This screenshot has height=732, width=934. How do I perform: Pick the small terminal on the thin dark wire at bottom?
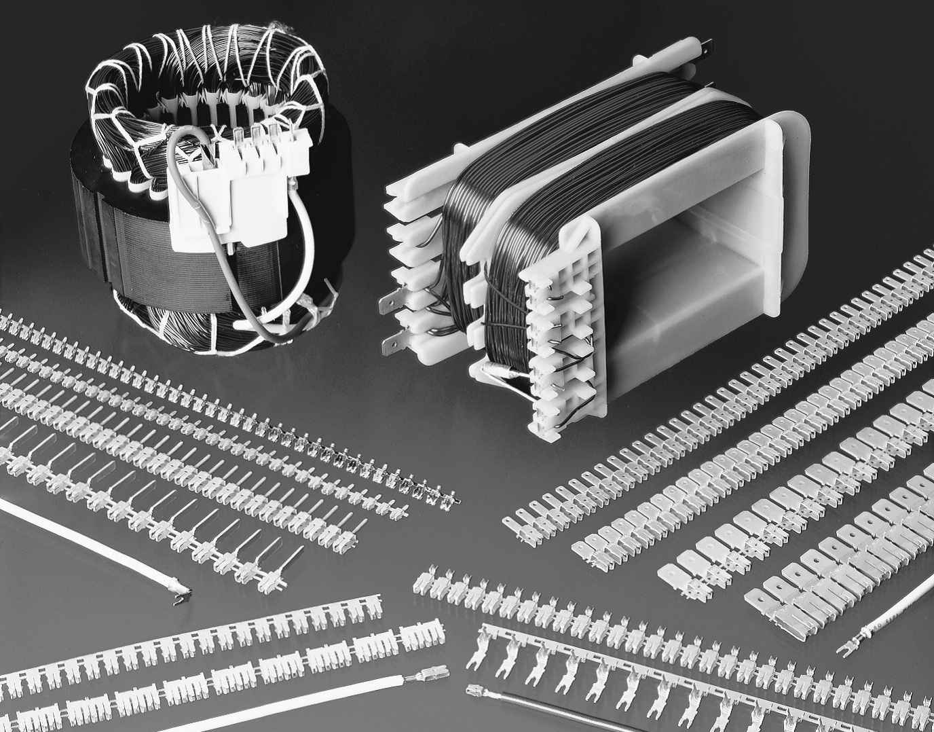476,692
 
